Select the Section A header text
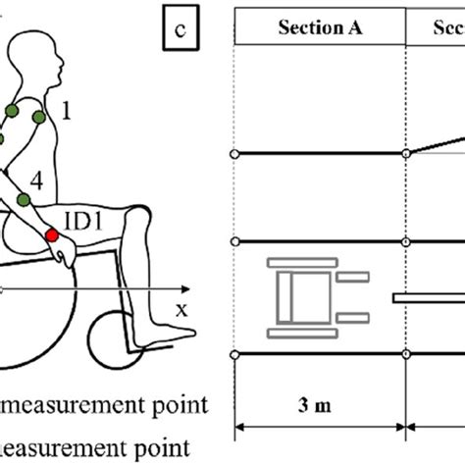click(320, 29)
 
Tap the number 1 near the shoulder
click(67, 114)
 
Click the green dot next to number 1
click(38, 118)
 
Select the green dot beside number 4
click(22, 203)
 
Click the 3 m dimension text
click(319, 404)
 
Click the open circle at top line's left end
click(233, 154)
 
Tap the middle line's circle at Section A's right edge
click(407, 241)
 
